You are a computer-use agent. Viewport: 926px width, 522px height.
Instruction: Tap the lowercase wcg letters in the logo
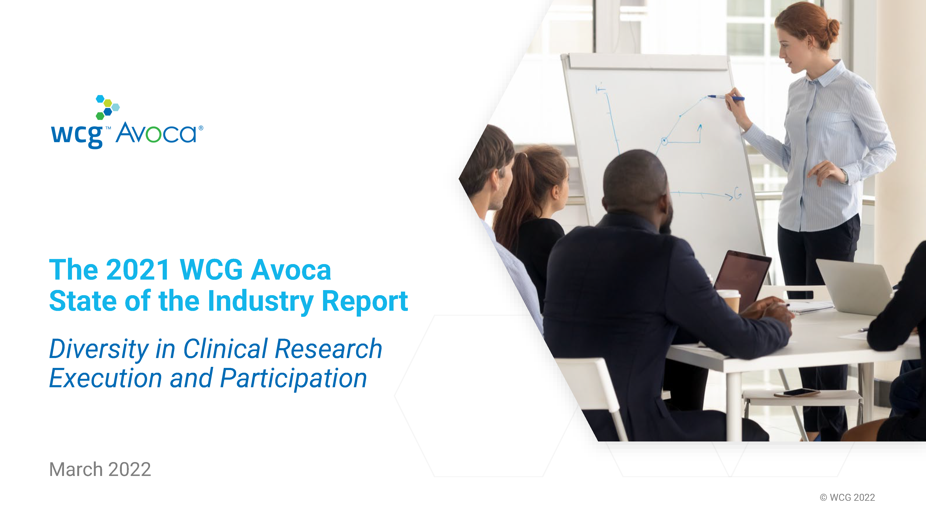77,136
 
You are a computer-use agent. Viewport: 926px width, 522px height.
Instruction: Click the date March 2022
100,469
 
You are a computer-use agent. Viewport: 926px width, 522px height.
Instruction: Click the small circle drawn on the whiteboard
664,141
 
